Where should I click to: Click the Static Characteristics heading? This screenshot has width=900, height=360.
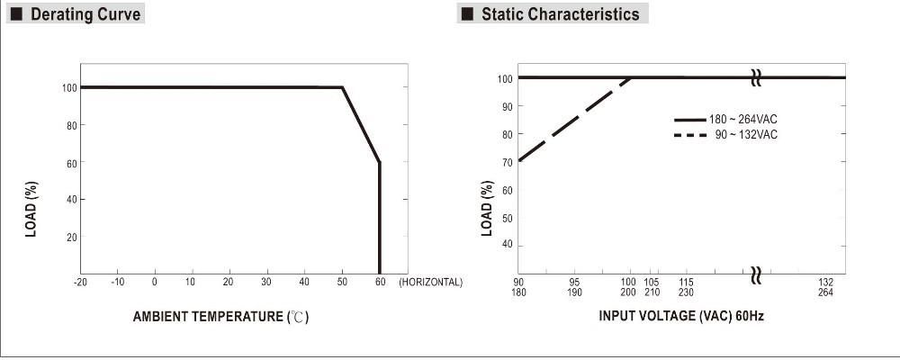tap(560, 14)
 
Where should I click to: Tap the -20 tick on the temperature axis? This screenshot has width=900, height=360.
tap(80, 283)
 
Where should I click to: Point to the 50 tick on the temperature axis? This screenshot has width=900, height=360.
tap(343, 283)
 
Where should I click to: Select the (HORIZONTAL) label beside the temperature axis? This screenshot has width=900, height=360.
tap(430, 283)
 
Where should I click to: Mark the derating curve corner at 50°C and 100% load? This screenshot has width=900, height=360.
tap(343, 87)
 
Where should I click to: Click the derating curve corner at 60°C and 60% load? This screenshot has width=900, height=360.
tap(380, 162)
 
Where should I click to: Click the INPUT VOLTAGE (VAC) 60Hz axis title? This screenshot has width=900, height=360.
tap(681, 317)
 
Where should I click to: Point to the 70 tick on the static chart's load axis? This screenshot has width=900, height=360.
tap(508, 162)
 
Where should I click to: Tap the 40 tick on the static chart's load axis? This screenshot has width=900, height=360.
tap(508, 245)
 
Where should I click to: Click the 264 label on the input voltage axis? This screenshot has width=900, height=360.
tap(825, 292)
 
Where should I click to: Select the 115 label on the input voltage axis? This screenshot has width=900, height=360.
tap(687, 282)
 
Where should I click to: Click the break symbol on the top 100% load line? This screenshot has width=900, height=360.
tap(756, 78)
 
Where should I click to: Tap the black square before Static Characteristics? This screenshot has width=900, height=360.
tap(466, 14)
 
